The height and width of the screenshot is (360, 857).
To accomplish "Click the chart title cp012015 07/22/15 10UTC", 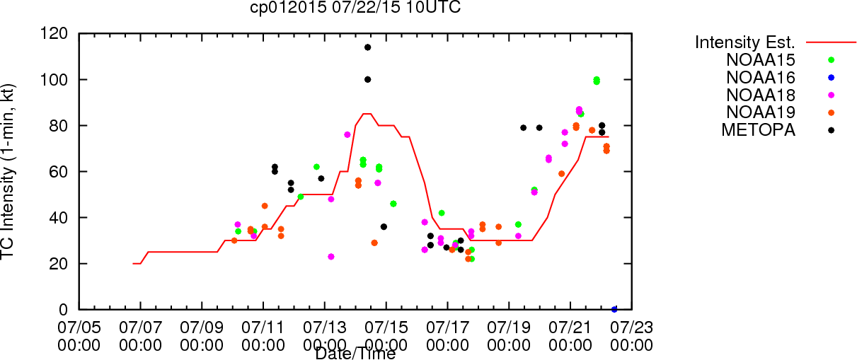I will [355, 8].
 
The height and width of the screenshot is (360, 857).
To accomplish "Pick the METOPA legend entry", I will [759, 130].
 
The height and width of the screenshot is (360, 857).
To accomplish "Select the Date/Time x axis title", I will [355, 354].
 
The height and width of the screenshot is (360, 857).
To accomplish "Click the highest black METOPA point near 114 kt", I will [367, 47].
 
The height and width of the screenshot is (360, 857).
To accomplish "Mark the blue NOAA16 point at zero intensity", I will [614, 309].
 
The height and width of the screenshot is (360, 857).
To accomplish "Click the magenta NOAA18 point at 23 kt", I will [330, 257].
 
